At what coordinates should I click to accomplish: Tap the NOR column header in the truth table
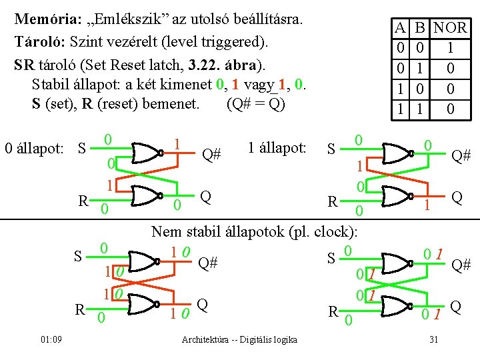click(x=451, y=28)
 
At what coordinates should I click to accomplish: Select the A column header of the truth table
click(x=399, y=28)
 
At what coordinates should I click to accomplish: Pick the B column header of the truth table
click(x=420, y=28)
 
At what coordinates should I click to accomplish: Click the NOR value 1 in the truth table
click(x=451, y=48)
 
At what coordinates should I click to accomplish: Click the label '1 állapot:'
click(x=276, y=147)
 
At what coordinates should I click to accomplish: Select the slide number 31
click(x=433, y=340)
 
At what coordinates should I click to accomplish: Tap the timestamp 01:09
click(x=51, y=340)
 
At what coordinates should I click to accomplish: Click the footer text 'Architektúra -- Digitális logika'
click(x=239, y=340)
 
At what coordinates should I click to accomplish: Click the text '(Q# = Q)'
click(x=256, y=104)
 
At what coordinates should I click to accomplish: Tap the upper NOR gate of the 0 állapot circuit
click(x=147, y=153)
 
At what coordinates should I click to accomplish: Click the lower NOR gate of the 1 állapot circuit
click(x=393, y=197)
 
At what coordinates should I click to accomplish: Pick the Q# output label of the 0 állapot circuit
click(x=211, y=155)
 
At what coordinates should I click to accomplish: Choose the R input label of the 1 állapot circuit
click(x=332, y=201)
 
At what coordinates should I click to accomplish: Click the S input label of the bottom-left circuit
click(x=78, y=255)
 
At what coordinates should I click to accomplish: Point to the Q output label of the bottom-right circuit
click(x=456, y=306)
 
